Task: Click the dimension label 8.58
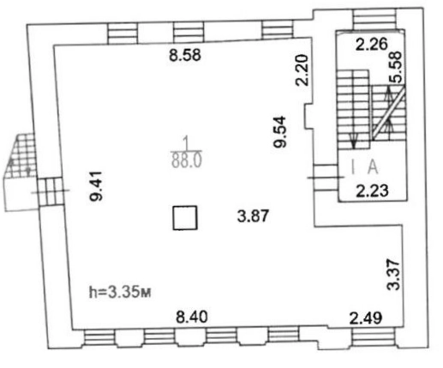click(185, 55)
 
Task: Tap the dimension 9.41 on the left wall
click(96, 186)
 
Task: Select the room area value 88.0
click(187, 160)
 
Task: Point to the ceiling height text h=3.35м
click(120, 293)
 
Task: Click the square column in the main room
click(185, 218)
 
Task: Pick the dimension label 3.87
click(253, 216)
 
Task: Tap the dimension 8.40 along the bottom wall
click(192, 317)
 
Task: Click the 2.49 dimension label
click(366, 318)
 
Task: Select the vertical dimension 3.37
click(393, 274)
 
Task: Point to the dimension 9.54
click(279, 131)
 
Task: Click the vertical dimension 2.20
click(302, 70)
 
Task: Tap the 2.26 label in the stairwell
click(372, 45)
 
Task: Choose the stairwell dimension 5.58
click(397, 68)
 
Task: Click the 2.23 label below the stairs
click(373, 190)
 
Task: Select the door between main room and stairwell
click(326, 178)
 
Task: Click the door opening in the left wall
click(51, 191)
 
